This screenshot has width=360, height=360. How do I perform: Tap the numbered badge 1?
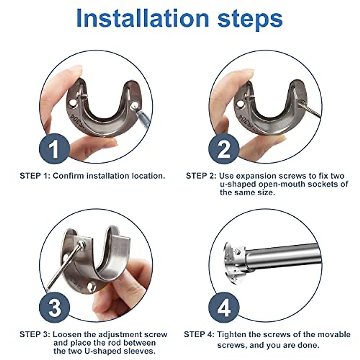tap(54, 149)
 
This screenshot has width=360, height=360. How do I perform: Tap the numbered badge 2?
tap(224, 149)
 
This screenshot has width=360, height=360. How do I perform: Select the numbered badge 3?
tap(54, 307)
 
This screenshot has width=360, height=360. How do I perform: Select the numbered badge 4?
tap(224, 307)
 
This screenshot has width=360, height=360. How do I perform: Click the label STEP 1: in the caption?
tap(35, 176)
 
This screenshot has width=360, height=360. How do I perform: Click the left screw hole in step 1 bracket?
tap(72, 103)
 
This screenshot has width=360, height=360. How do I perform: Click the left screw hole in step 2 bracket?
tap(240, 104)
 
